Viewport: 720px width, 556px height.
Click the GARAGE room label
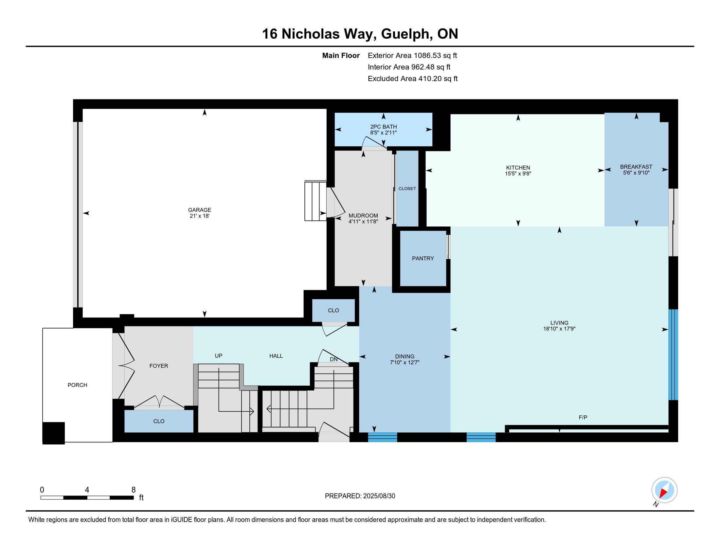[x=199, y=210]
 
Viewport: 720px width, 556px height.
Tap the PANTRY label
[x=423, y=259]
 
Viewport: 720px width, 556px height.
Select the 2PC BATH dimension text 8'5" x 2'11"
[x=384, y=133]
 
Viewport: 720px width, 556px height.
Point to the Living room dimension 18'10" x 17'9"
[x=559, y=329]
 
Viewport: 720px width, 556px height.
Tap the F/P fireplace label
[x=583, y=418]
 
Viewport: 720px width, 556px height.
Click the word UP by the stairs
[x=219, y=356]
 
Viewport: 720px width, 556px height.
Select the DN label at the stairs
[x=333, y=359]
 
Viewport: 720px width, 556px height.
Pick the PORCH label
[x=78, y=385]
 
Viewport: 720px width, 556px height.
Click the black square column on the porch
[x=54, y=433]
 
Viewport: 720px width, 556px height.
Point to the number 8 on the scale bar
[x=134, y=490]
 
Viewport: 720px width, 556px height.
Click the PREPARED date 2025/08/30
[x=378, y=496]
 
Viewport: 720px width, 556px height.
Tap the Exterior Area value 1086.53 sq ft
[x=436, y=55]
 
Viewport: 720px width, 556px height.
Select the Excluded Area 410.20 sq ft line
[x=413, y=79]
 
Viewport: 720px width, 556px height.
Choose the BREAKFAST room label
[x=636, y=167]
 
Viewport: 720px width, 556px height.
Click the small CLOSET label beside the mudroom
[x=407, y=189]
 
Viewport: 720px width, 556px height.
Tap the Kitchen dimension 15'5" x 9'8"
[x=518, y=174]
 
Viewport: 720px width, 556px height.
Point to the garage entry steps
[x=315, y=200]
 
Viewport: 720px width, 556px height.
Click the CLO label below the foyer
[x=159, y=421]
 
